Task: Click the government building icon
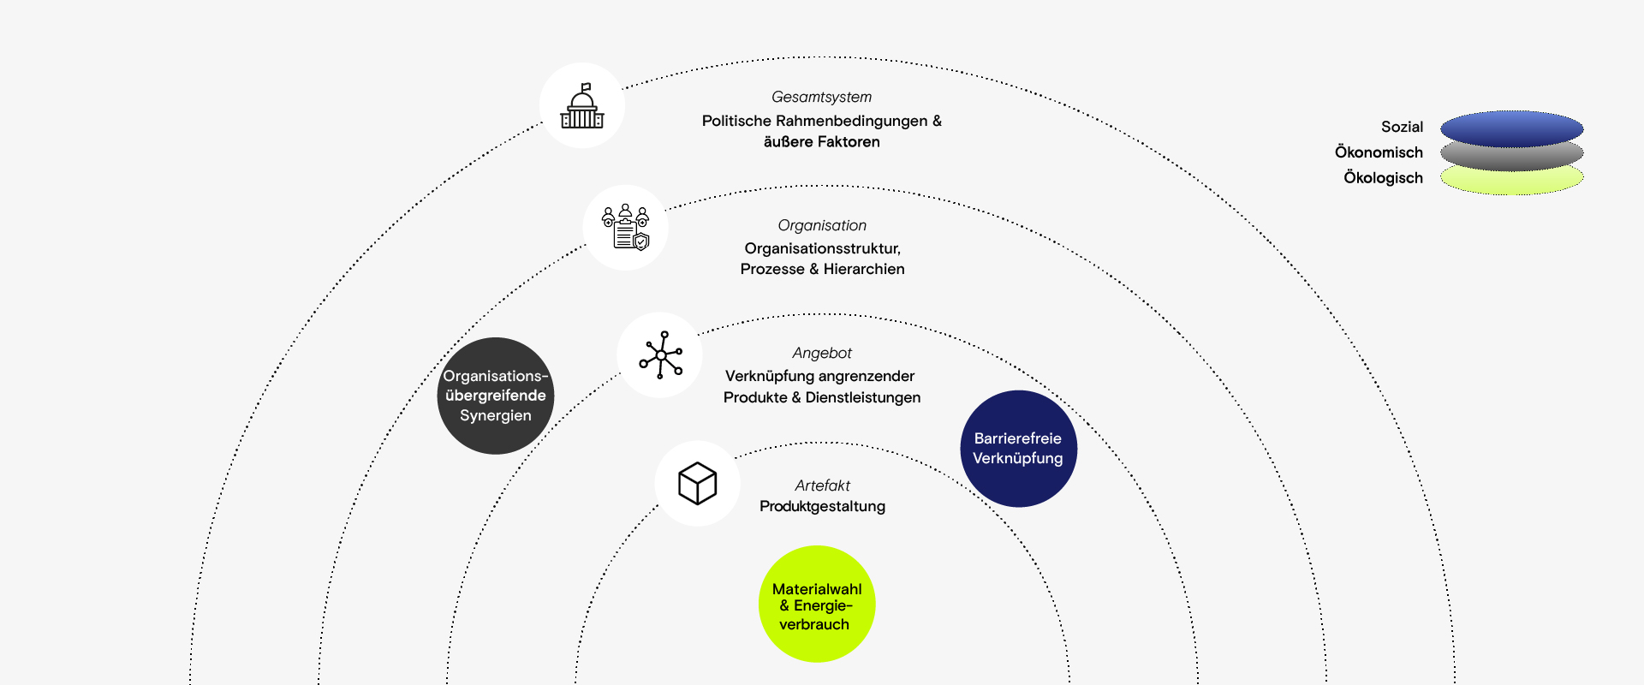(x=582, y=106)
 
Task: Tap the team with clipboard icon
(x=626, y=228)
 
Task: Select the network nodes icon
(x=660, y=354)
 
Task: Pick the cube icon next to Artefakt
(x=697, y=484)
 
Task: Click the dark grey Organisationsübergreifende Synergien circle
(x=496, y=396)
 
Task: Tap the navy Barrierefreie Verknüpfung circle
(x=1018, y=449)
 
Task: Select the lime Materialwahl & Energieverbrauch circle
(x=817, y=605)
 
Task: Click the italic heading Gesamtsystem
(x=821, y=98)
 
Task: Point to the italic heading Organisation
(x=822, y=226)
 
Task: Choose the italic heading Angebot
(x=822, y=354)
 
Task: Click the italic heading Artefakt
(x=822, y=485)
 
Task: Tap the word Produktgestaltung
(x=822, y=507)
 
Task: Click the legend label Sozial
(x=1402, y=128)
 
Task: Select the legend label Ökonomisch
(x=1379, y=152)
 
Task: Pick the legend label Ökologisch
(x=1383, y=178)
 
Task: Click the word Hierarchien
(x=864, y=270)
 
